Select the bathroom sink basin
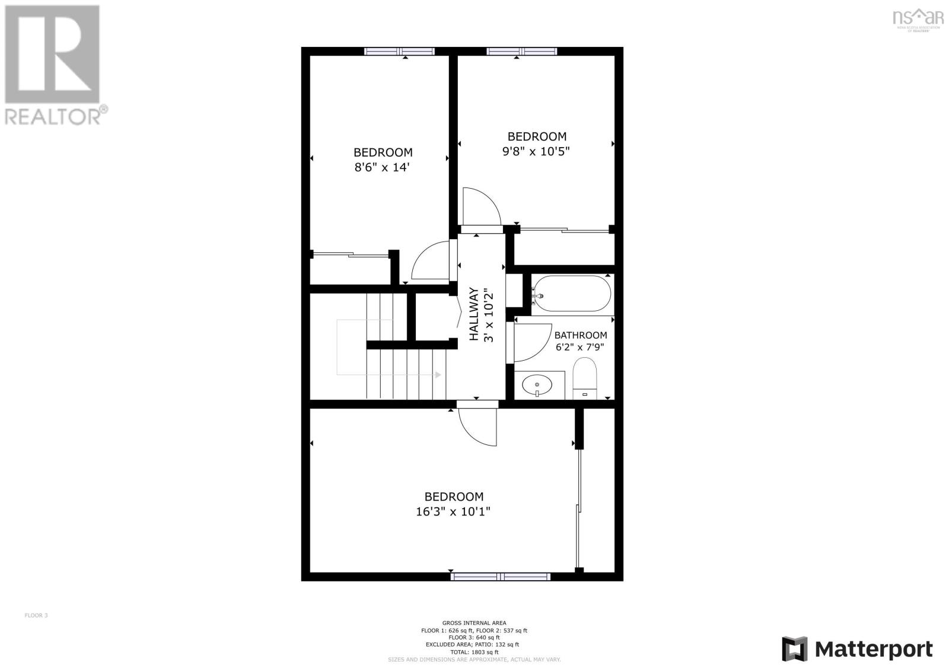[x=537, y=386]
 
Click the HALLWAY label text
[x=474, y=314]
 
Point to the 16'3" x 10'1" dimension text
[x=453, y=511]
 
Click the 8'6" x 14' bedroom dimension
[x=383, y=167]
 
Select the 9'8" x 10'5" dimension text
[x=536, y=151]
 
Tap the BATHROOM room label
[x=581, y=335]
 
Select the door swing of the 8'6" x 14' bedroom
[x=431, y=261]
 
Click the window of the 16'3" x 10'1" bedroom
[x=500, y=576]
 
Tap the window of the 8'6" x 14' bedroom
[x=399, y=52]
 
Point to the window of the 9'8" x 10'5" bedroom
[x=522, y=52]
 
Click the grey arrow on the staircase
[x=438, y=375]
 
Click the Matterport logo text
[x=874, y=649]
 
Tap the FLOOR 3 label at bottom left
[x=36, y=615]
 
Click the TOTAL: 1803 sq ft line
[x=474, y=651]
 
